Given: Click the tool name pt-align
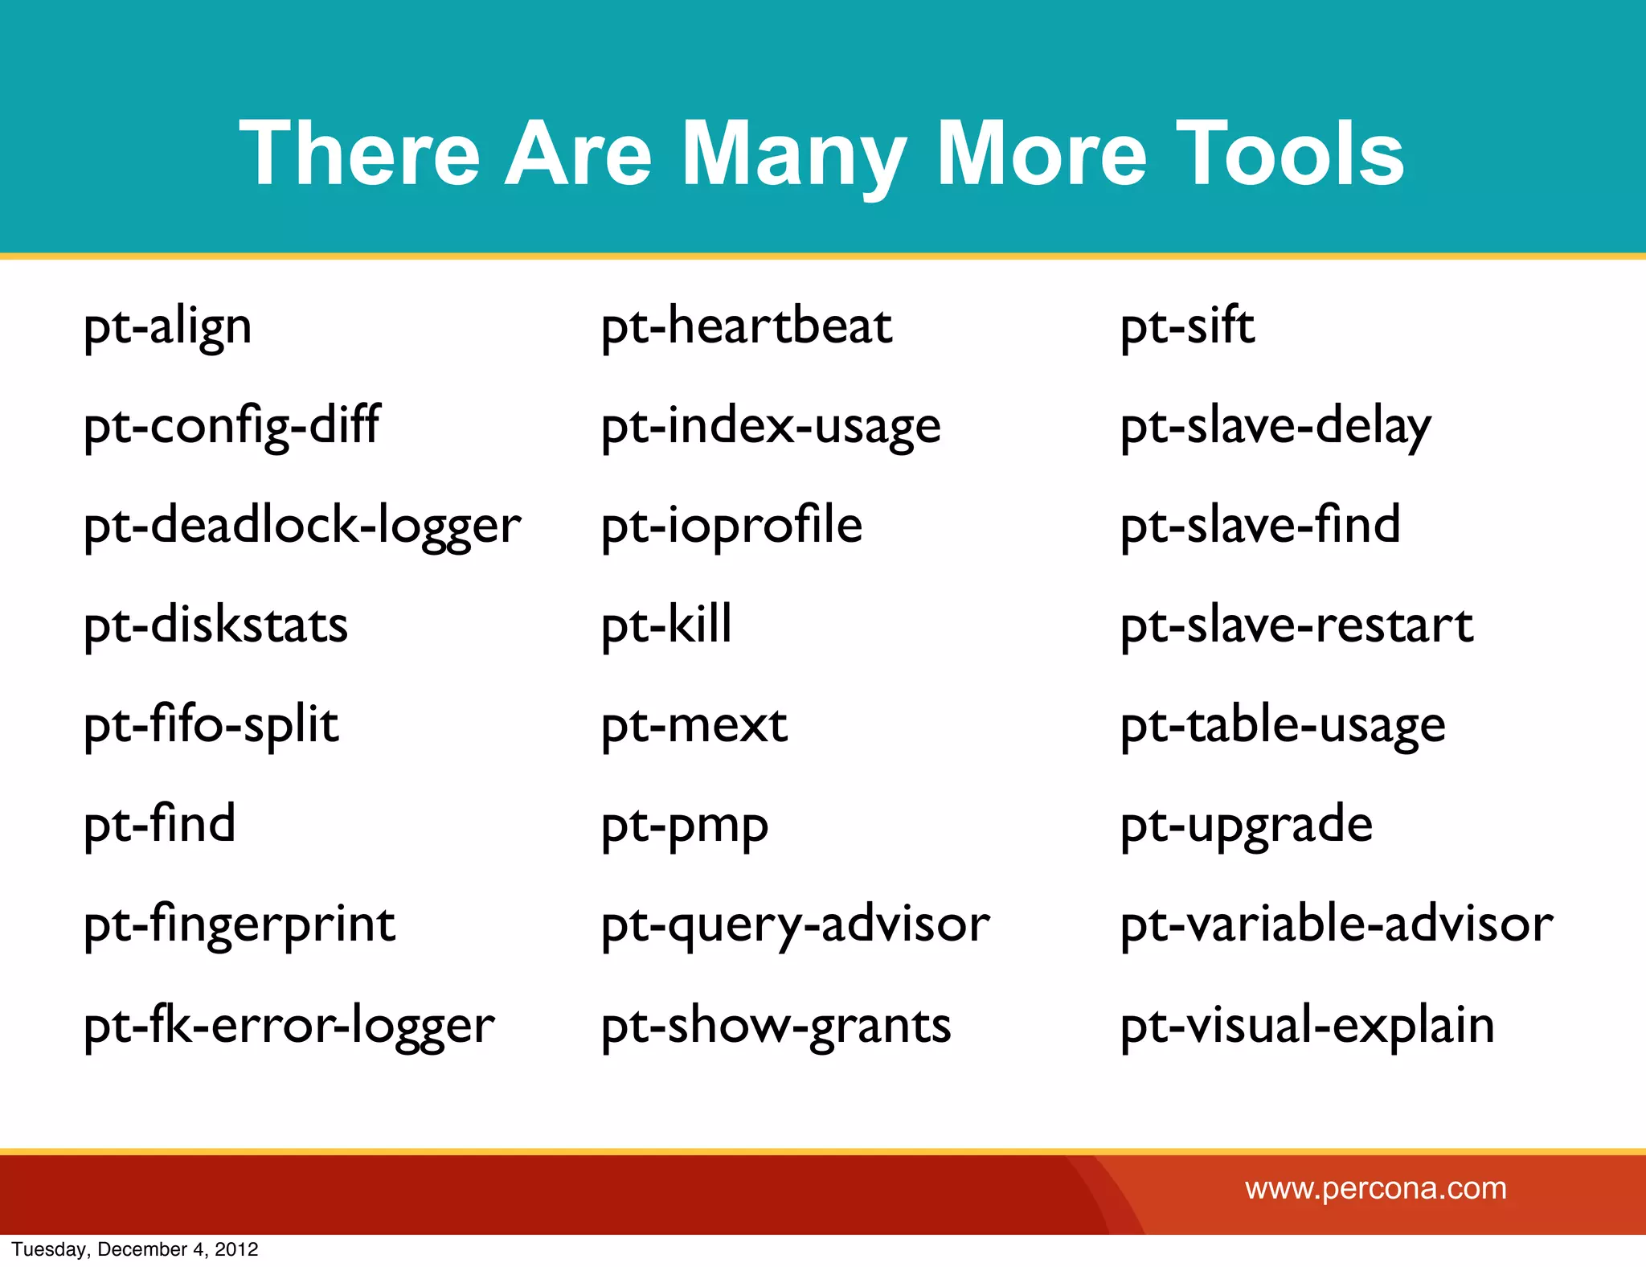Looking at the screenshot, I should (x=167, y=328).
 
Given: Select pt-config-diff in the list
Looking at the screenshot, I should (x=231, y=426).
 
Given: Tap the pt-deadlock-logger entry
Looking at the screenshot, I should (x=302, y=527).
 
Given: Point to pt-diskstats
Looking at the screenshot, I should (x=215, y=625).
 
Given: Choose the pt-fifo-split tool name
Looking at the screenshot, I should (x=211, y=725).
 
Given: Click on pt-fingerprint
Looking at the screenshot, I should (x=239, y=925).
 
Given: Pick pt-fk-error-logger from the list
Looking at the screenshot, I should (x=289, y=1026).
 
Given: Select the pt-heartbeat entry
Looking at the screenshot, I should (x=747, y=326).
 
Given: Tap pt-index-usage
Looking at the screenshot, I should (x=771, y=426).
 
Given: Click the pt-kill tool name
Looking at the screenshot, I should (x=666, y=625).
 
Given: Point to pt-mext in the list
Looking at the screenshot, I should (x=694, y=725).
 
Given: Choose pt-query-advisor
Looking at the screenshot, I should (x=795, y=925).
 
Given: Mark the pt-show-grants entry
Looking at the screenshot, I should (x=776, y=1026).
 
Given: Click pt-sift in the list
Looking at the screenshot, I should (x=1187, y=326).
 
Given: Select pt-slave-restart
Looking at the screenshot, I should (x=1296, y=625).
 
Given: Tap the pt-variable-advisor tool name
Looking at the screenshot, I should (x=1337, y=925).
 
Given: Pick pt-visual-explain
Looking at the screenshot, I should (x=1308, y=1026).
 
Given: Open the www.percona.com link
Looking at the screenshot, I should (x=1376, y=1188).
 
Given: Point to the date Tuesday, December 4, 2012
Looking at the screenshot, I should (x=135, y=1249).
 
